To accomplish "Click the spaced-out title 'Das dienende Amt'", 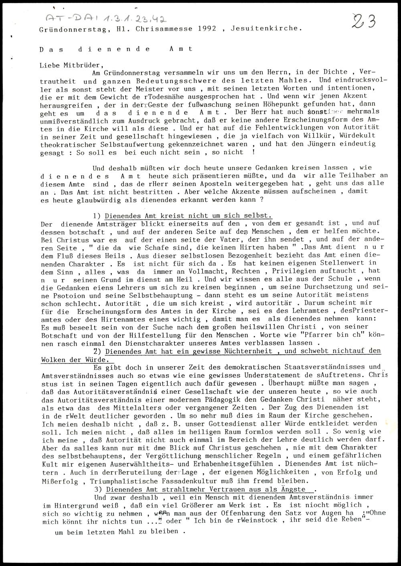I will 116,49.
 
